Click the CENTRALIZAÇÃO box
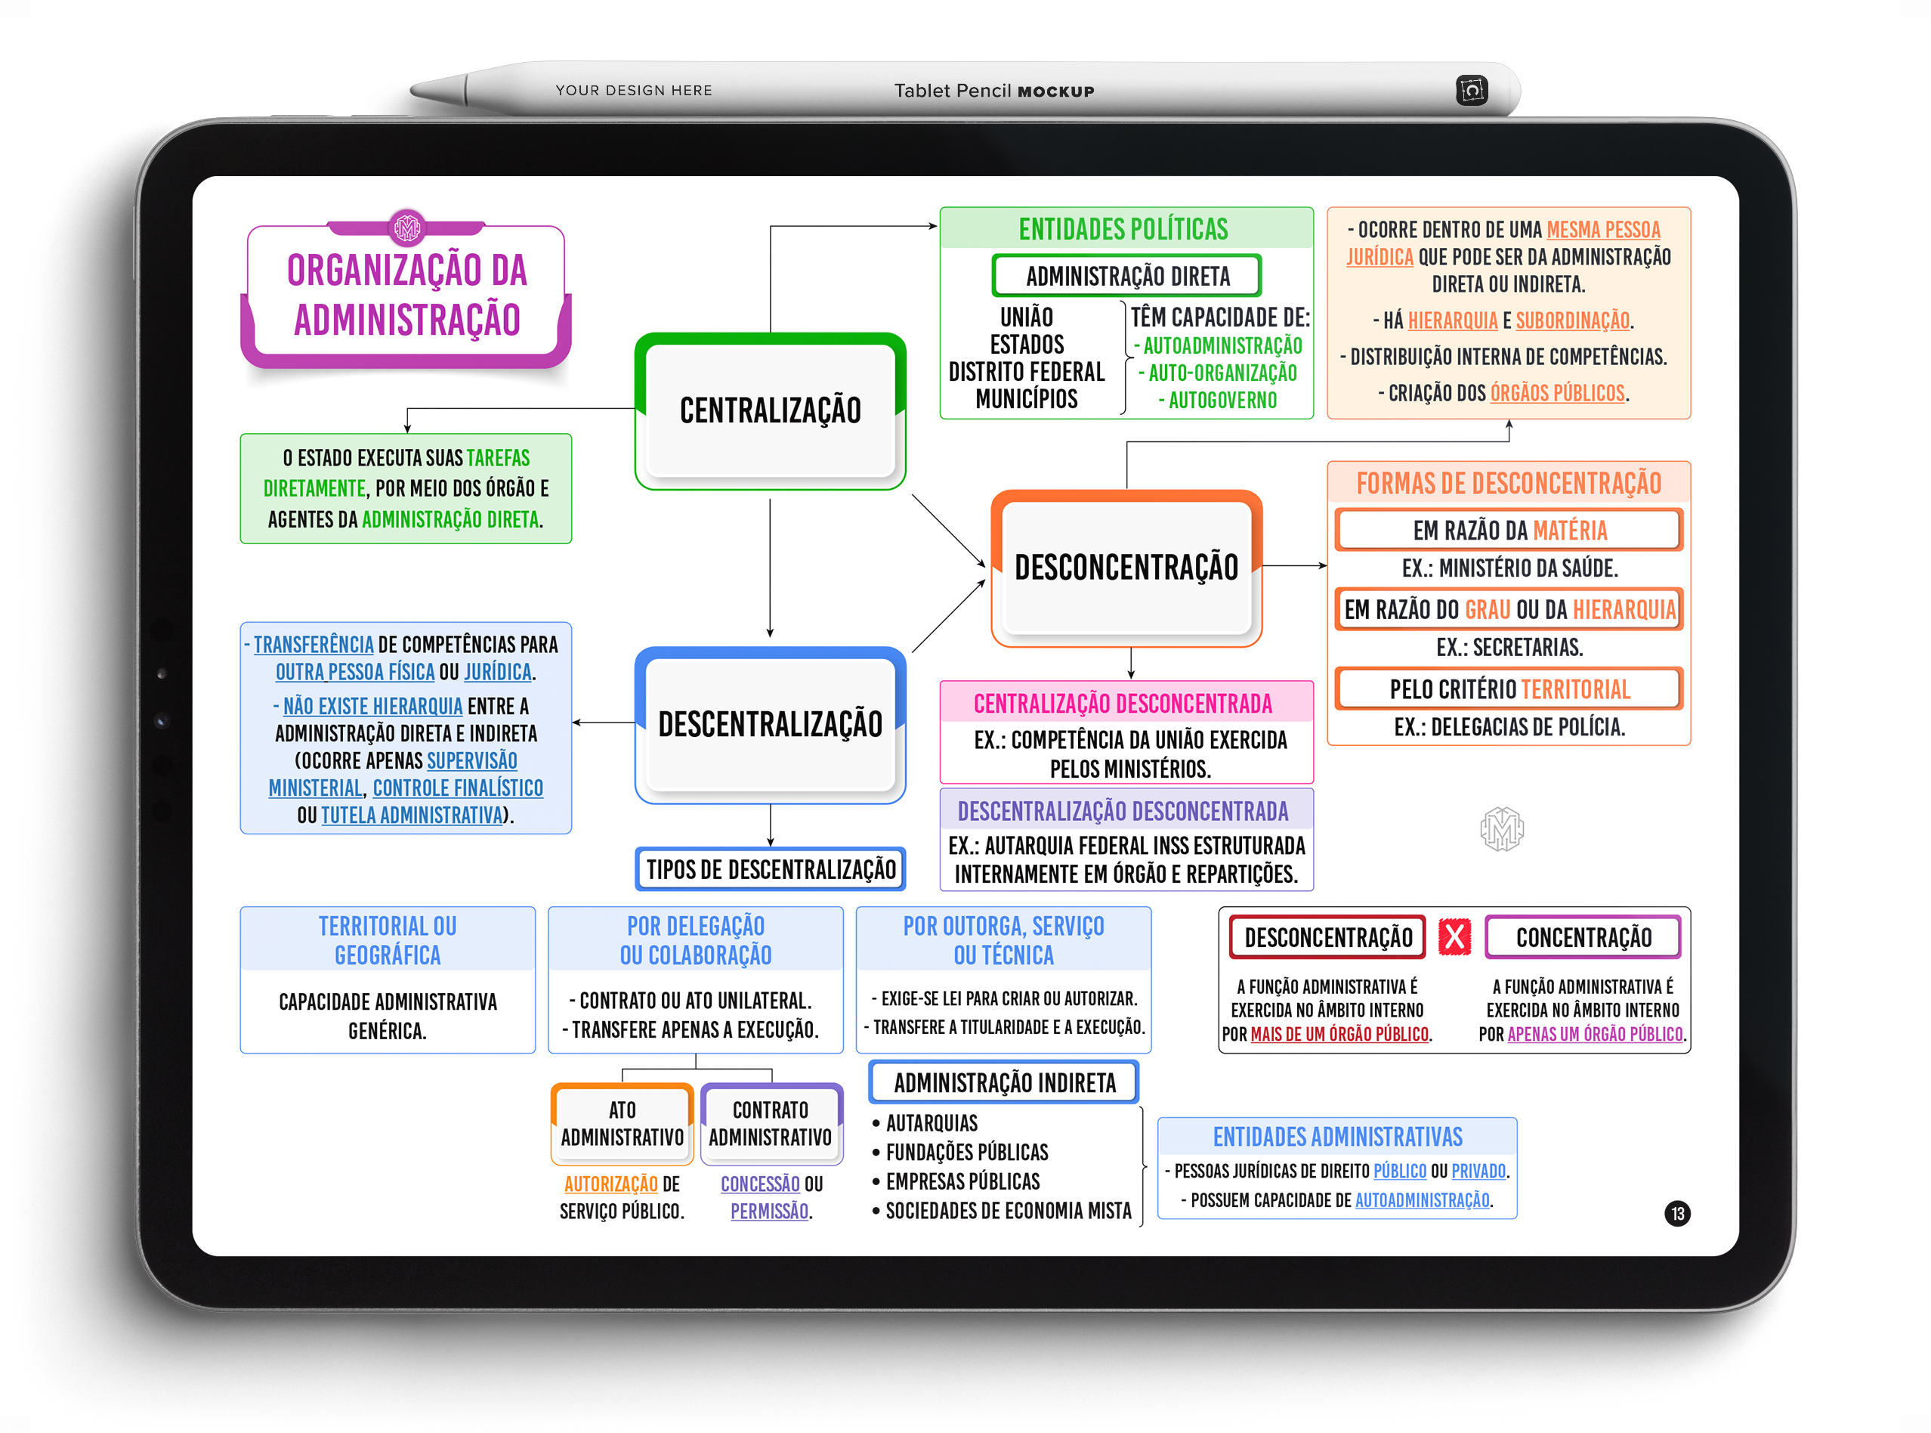click(x=770, y=411)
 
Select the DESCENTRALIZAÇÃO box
click(x=770, y=725)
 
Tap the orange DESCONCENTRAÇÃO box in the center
click(x=1126, y=568)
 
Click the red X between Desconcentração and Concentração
click(x=1454, y=937)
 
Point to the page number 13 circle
click(x=1677, y=1212)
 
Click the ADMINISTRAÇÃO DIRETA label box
click(x=1126, y=276)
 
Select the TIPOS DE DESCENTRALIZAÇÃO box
click(x=770, y=869)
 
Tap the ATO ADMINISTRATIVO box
click(x=622, y=1124)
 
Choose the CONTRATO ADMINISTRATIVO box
click(x=770, y=1124)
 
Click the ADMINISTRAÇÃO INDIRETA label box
click(x=1004, y=1082)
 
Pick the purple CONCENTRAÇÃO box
click(x=1583, y=937)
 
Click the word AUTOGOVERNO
click(x=1222, y=401)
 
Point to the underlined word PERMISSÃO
click(x=769, y=1211)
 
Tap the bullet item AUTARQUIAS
click(x=932, y=1123)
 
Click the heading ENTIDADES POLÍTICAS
click(x=1123, y=229)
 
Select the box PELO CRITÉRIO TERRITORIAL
click(x=1509, y=689)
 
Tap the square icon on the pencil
click(x=1472, y=90)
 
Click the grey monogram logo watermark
click(x=1502, y=828)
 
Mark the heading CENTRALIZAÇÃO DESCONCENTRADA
click(x=1123, y=704)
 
